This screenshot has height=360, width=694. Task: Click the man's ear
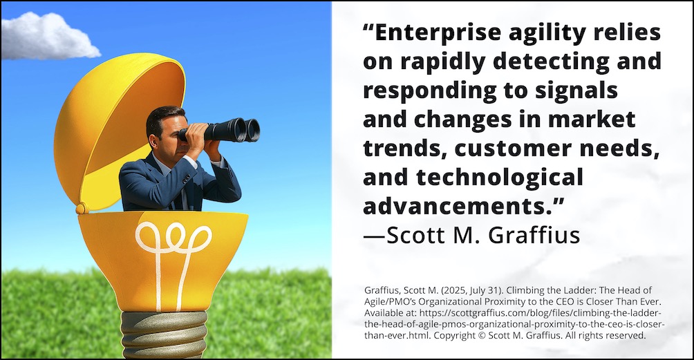(x=153, y=141)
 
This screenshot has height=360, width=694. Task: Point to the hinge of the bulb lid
(x=82, y=208)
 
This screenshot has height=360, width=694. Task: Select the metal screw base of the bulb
(x=165, y=334)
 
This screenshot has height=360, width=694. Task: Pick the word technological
(x=500, y=178)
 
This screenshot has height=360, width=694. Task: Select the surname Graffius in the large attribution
(x=534, y=235)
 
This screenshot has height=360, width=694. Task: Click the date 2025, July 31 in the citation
(x=475, y=291)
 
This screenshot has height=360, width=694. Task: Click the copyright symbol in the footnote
(x=482, y=336)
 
